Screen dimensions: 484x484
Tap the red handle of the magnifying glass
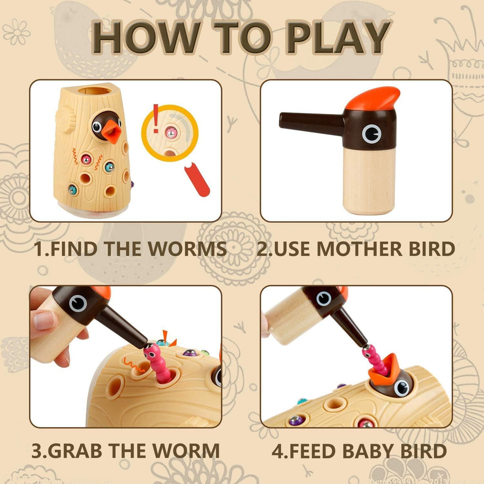tap(198, 180)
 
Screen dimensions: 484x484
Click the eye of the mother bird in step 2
tap(372, 133)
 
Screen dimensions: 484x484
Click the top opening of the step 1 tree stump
tap(95, 90)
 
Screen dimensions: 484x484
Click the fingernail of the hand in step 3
tap(45, 320)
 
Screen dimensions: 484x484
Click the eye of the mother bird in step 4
tap(323, 298)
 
